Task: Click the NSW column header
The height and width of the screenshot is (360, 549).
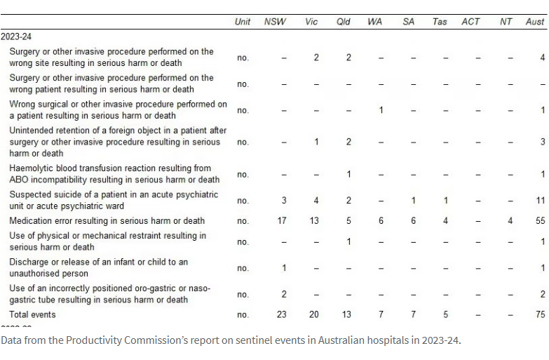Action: point(275,22)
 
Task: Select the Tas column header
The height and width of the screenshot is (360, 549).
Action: point(440,22)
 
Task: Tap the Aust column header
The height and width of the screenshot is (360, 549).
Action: point(535,22)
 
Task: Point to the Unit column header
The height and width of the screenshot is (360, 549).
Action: point(243,22)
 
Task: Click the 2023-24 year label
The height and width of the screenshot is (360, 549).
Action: point(16,36)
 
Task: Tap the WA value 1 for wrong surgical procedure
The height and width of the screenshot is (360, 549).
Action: point(381,110)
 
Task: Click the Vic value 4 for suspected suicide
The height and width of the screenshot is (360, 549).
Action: point(316,201)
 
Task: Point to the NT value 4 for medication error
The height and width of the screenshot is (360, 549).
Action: point(510,221)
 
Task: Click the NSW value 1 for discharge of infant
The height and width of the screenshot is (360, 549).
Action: point(283,268)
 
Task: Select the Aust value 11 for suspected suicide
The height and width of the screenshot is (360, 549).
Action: point(540,201)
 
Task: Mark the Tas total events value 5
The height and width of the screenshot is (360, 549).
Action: point(446,314)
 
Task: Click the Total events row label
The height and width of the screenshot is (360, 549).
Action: point(32,314)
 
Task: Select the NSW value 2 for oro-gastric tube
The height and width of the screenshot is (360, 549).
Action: point(283,295)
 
